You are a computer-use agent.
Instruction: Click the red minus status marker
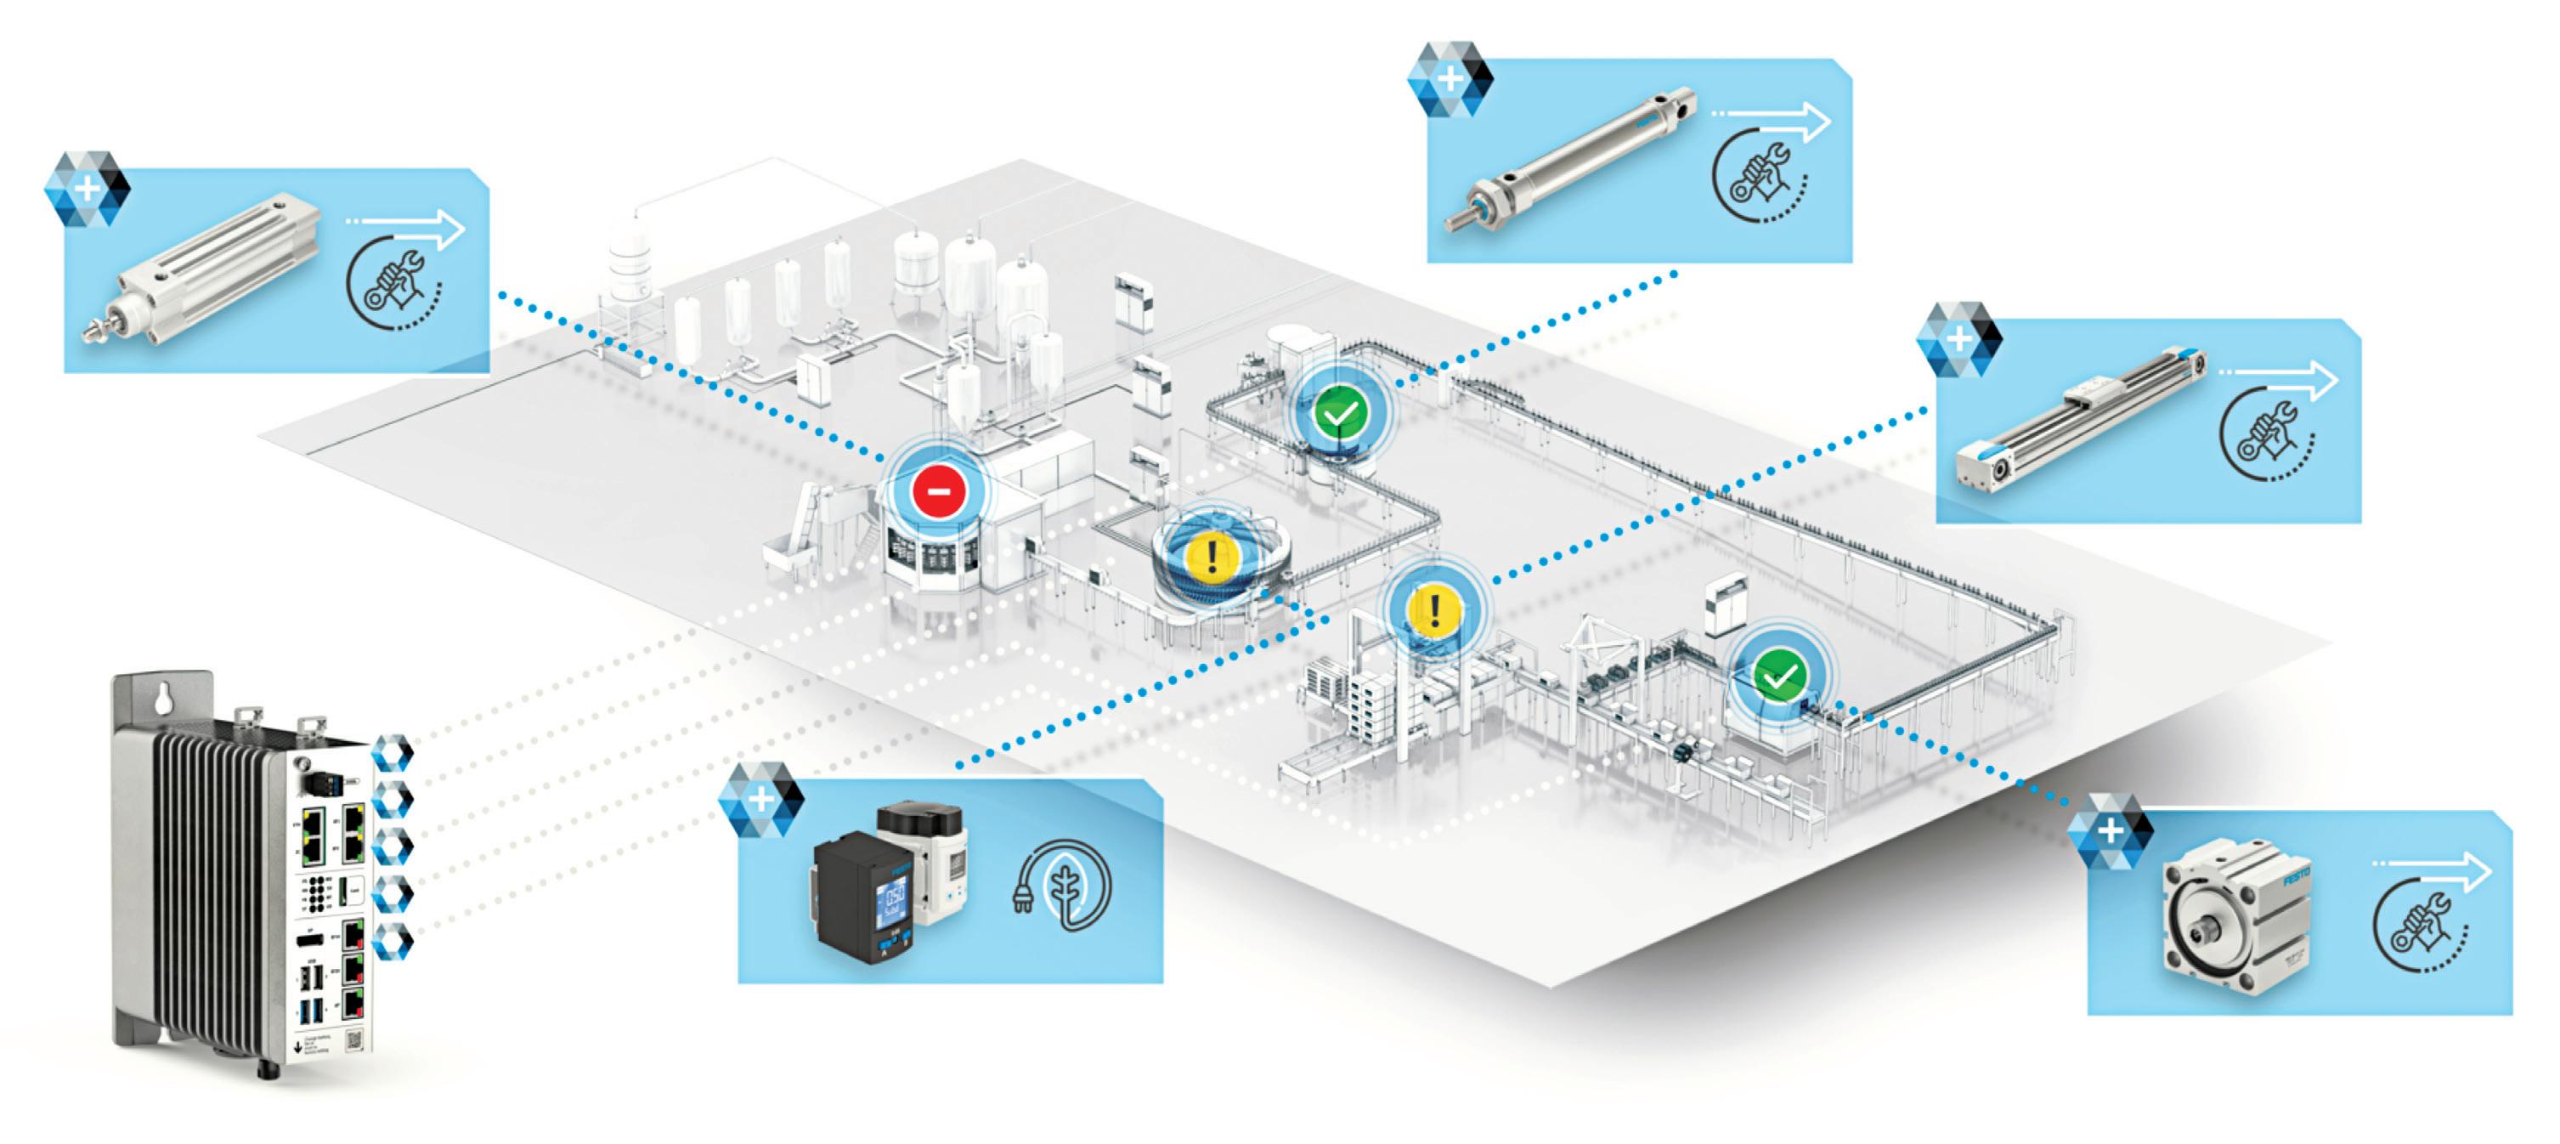(939, 491)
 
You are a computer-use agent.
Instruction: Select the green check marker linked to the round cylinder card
(1341, 411)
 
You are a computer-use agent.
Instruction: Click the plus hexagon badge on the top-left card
(88, 189)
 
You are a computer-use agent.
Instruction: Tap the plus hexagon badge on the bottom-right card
(2109, 830)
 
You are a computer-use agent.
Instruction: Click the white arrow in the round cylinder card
(1773, 120)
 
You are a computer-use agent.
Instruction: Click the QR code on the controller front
(353, 1040)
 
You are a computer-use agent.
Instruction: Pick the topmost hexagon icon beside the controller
(392, 753)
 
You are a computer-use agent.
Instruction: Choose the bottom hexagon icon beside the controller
(392, 940)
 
